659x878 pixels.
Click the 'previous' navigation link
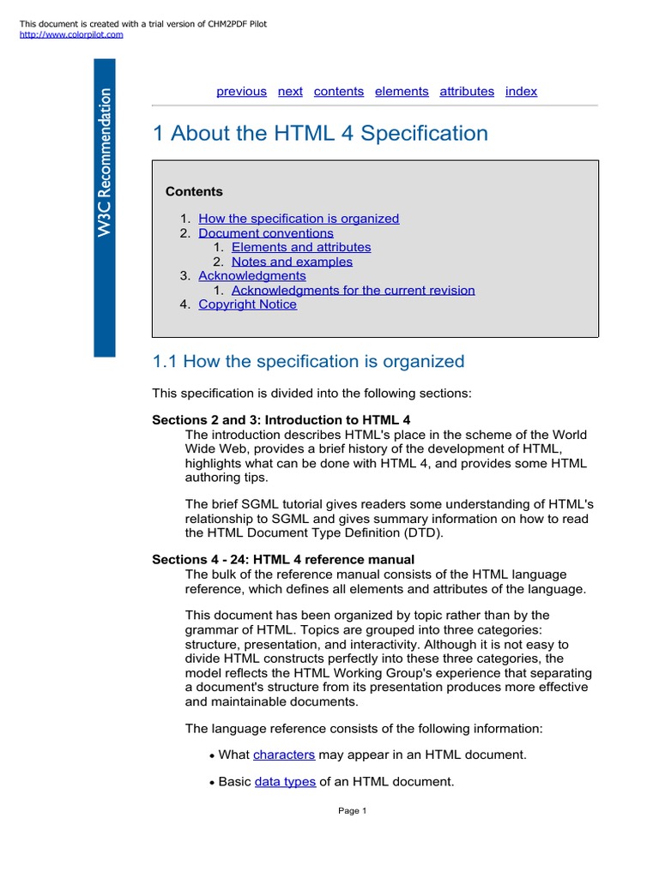click(x=241, y=91)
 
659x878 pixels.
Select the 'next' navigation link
click(x=290, y=91)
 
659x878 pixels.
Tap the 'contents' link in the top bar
click(x=339, y=91)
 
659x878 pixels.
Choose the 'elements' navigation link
click(x=402, y=91)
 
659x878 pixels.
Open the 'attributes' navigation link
click(x=467, y=91)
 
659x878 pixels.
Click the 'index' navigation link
click(x=521, y=91)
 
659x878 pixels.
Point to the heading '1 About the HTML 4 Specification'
click(x=320, y=134)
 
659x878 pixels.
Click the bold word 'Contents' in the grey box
click(x=194, y=191)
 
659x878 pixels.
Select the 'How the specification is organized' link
click(x=299, y=219)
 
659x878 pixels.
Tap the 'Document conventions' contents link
click(x=266, y=233)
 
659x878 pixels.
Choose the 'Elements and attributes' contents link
click(x=301, y=247)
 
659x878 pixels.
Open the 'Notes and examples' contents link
click(x=292, y=262)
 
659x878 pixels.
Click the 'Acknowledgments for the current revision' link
click(x=353, y=290)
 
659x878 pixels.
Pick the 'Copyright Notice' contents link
click(x=247, y=304)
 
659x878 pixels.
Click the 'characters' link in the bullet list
click(x=284, y=755)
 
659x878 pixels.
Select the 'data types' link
click(x=285, y=782)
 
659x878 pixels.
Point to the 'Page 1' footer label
click(x=353, y=811)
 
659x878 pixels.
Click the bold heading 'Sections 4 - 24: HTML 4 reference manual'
click(x=283, y=560)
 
